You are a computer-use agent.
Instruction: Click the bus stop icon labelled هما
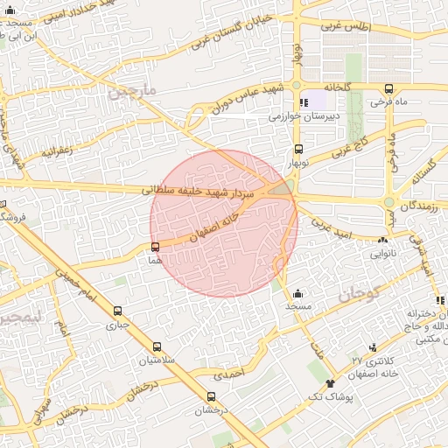click(x=155, y=247)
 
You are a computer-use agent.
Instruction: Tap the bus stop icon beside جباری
click(x=118, y=310)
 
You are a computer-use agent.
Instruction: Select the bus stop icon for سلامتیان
click(x=157, y=346)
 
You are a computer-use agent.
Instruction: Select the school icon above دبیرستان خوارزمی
click(x=304, y=102)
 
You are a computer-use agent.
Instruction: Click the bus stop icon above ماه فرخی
click(x=388, y=88)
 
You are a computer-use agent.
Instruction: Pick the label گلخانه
click(x=337, y=87)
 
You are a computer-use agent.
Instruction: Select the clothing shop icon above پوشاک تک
click(x=330, y=383)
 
